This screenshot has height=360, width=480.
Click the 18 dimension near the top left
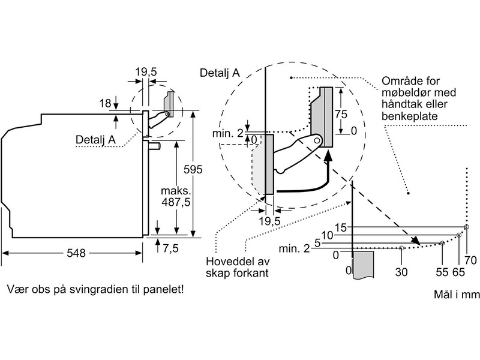[106, 103]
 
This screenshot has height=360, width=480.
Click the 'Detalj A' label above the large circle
[220, 72]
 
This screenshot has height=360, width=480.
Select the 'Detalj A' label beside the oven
[95, 140]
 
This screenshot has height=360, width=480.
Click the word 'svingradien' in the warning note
[98, 290]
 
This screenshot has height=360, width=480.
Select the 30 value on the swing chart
[401, 272]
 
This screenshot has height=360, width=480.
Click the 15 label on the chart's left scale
[341, 227]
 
